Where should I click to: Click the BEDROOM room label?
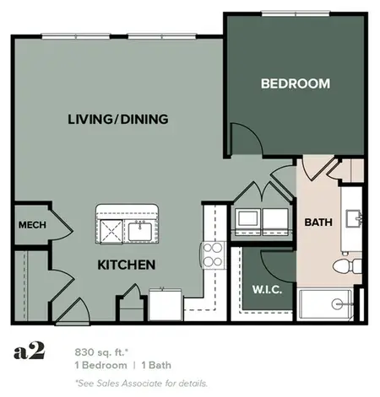[295, 83]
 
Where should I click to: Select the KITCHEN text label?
[127, 265]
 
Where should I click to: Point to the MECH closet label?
[31, 225]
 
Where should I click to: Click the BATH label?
[317, 223]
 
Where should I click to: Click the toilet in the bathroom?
[344, 266]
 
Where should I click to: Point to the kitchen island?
[126, 223]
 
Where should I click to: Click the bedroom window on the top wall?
[295, 13]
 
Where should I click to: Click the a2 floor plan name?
[28, 351]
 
